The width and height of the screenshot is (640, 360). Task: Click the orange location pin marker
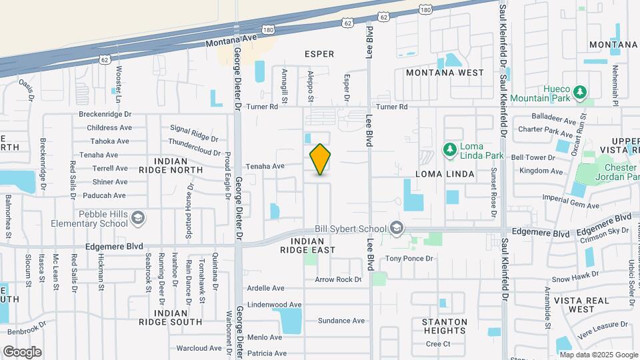click(x=320, y=159)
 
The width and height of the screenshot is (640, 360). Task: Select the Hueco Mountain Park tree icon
click(x=581, y=91)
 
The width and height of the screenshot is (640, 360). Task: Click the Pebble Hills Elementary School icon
click(x=137, y=218)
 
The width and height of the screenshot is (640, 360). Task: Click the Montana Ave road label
click(x=229, y=41)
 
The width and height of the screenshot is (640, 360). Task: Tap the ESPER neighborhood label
click(x=319, y=54)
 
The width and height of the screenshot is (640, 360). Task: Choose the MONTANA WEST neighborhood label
click(x=445, y=72)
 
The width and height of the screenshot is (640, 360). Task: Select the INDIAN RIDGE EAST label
click(x=313, y=245)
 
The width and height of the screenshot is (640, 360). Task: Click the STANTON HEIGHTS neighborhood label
click(x=444, y=326)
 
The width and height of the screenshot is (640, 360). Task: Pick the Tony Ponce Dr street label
click(x=409, y=258)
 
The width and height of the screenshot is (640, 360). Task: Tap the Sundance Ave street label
click(x=341, y=321)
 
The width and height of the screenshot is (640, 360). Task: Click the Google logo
click(x=22, y=351)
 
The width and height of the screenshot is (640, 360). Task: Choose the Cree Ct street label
click(x=439, y=344)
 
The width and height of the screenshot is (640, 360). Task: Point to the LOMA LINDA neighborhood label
click(x=445, y=174)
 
